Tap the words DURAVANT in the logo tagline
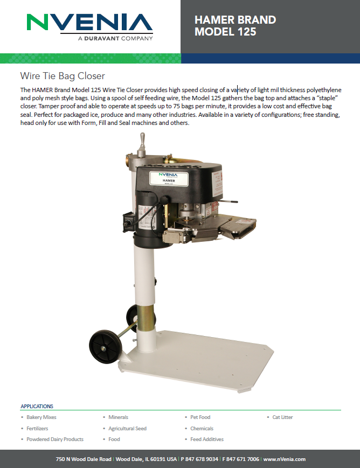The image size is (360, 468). (x=101, y=38)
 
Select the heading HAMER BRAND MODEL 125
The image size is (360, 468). (x=236, y=26)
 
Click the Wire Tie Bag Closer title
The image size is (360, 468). (x=63, y=76)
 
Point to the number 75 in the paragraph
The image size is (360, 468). (x=177, y=106)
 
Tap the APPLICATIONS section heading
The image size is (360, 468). (x=37, y=406)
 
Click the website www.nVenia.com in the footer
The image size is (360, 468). (x=284, y=459)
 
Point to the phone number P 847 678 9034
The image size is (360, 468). (x=199, y=459)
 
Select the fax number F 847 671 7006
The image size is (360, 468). (x=240, y=459)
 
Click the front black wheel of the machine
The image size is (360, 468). (x=106, y=346)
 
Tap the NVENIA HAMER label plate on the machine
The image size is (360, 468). (x=169, y=178)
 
